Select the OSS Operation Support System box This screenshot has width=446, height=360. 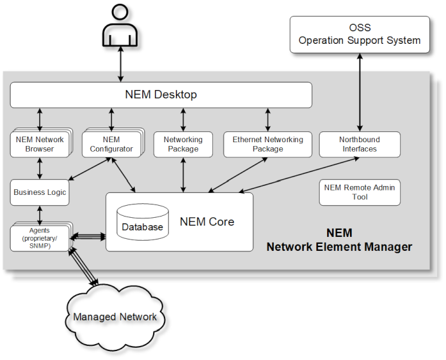[x=360, y=34]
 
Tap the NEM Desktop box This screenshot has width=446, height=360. [x=161, y=95]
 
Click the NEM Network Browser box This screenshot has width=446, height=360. [x=40, y=144]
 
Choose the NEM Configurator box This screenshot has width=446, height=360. [x=111, y=144]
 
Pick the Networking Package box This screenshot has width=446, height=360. [x=183, y=144]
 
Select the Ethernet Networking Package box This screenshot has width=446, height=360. [x=267, y=144]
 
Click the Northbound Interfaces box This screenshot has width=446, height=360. [x=360, y=144]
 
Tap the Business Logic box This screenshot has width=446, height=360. [x=39, y=192]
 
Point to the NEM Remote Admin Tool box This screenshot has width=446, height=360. [x=360, y=192]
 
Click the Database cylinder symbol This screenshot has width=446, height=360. [x=143, y=222]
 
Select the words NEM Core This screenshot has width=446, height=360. [x=207, y=222]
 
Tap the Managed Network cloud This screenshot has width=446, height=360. [x=114, y=317]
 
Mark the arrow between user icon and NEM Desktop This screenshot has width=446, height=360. [x=120, y=63]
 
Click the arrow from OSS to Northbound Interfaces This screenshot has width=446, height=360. [x=360, y=92]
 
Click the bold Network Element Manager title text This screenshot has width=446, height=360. [x=339, y=246]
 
